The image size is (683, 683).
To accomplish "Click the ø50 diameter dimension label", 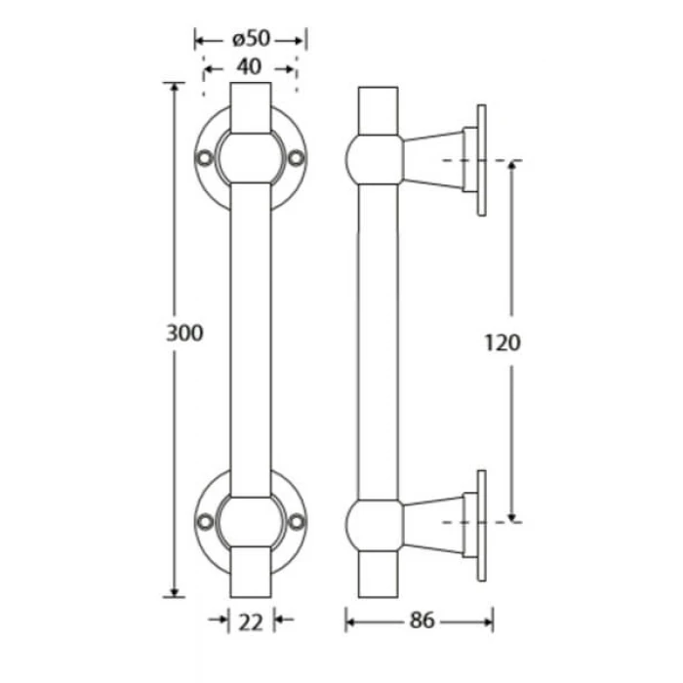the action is pyautogui.click(x=252, y=39).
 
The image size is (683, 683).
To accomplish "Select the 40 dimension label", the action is pyautogui.click(x=249, y=67).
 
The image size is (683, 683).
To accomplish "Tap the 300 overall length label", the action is pyautogui.click(x=184, y=334).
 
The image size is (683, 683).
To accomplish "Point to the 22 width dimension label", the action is pyautogui.click(x=251, y=623).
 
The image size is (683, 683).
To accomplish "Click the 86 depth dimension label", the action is pyautogui.click(x=422, y=621).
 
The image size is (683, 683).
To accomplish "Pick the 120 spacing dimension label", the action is pyautogui.click(x=502, y=342).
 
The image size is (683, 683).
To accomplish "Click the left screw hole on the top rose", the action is pyautogui.click(x=204, y=158).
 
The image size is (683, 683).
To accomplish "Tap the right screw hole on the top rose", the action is pyautogui.click(x=297, y=158).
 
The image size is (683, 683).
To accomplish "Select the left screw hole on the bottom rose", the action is pyautogui.click(x=204, y=522).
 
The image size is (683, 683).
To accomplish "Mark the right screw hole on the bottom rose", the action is pyautogui.click(x=297, y=522).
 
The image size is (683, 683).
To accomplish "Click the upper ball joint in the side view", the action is pyautogui.click(x=375, y=159).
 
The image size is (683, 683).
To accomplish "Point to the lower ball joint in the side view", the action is pyautogui.click(x=375, y=526).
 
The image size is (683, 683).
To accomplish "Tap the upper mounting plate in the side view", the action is pyautogui.click(x=481, y=160).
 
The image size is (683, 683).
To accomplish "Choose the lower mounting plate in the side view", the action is pyautogui.click(x=481, y=525).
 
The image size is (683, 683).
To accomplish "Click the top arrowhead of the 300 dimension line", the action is pyautogui.click(x=175, y=87).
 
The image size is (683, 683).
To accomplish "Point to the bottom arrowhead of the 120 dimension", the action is pyautogui.click(x=512, y=518).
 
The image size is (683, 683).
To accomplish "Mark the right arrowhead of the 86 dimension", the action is pyautogui.click(x=488, y=623).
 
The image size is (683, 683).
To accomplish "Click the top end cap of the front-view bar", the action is pyautogui.click(x=251, y=107).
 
